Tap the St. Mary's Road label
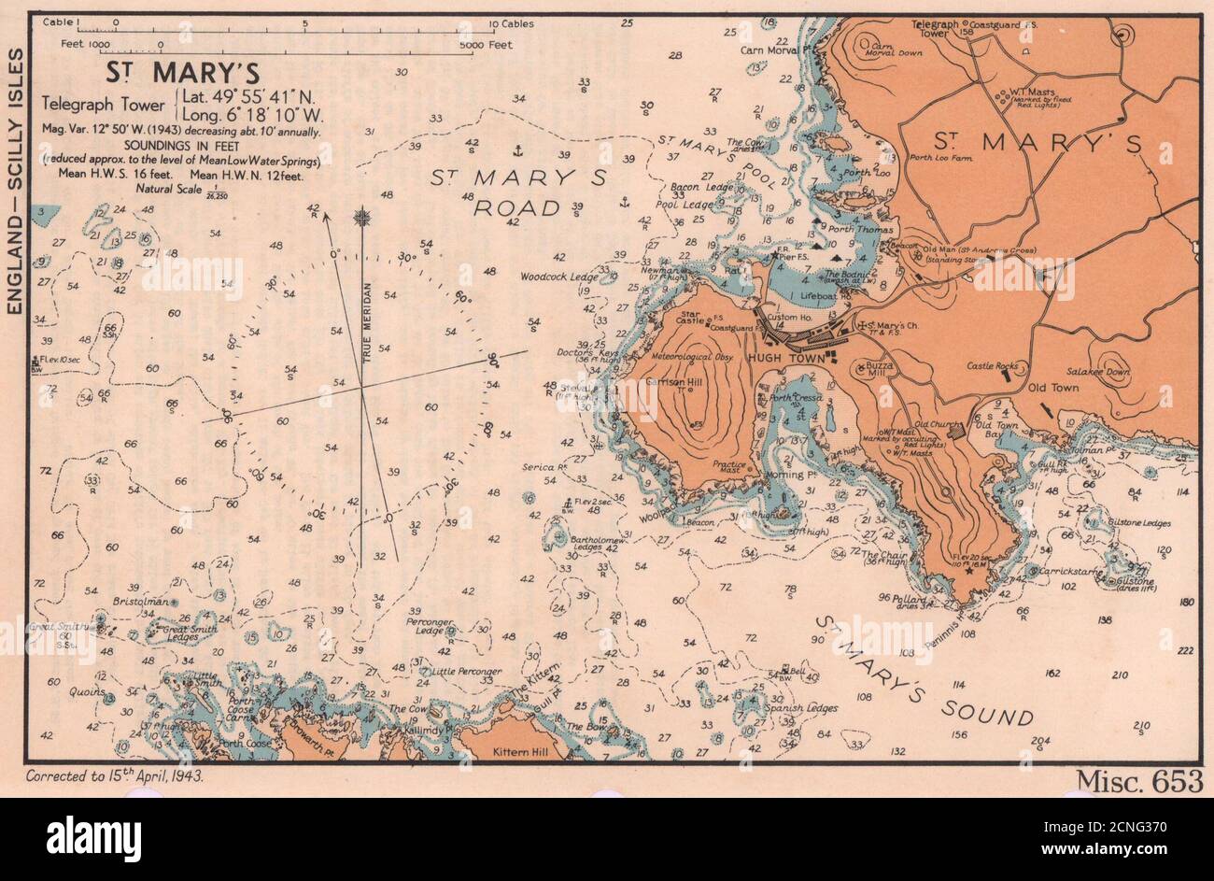(x=529, y=192)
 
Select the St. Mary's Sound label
(x=925, y=670)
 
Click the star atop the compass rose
(x=361, y=219)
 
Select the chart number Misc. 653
(x=1139, y=781)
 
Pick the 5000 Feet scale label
(x=487, y=44)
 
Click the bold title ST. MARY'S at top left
(x=182, y=73)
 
